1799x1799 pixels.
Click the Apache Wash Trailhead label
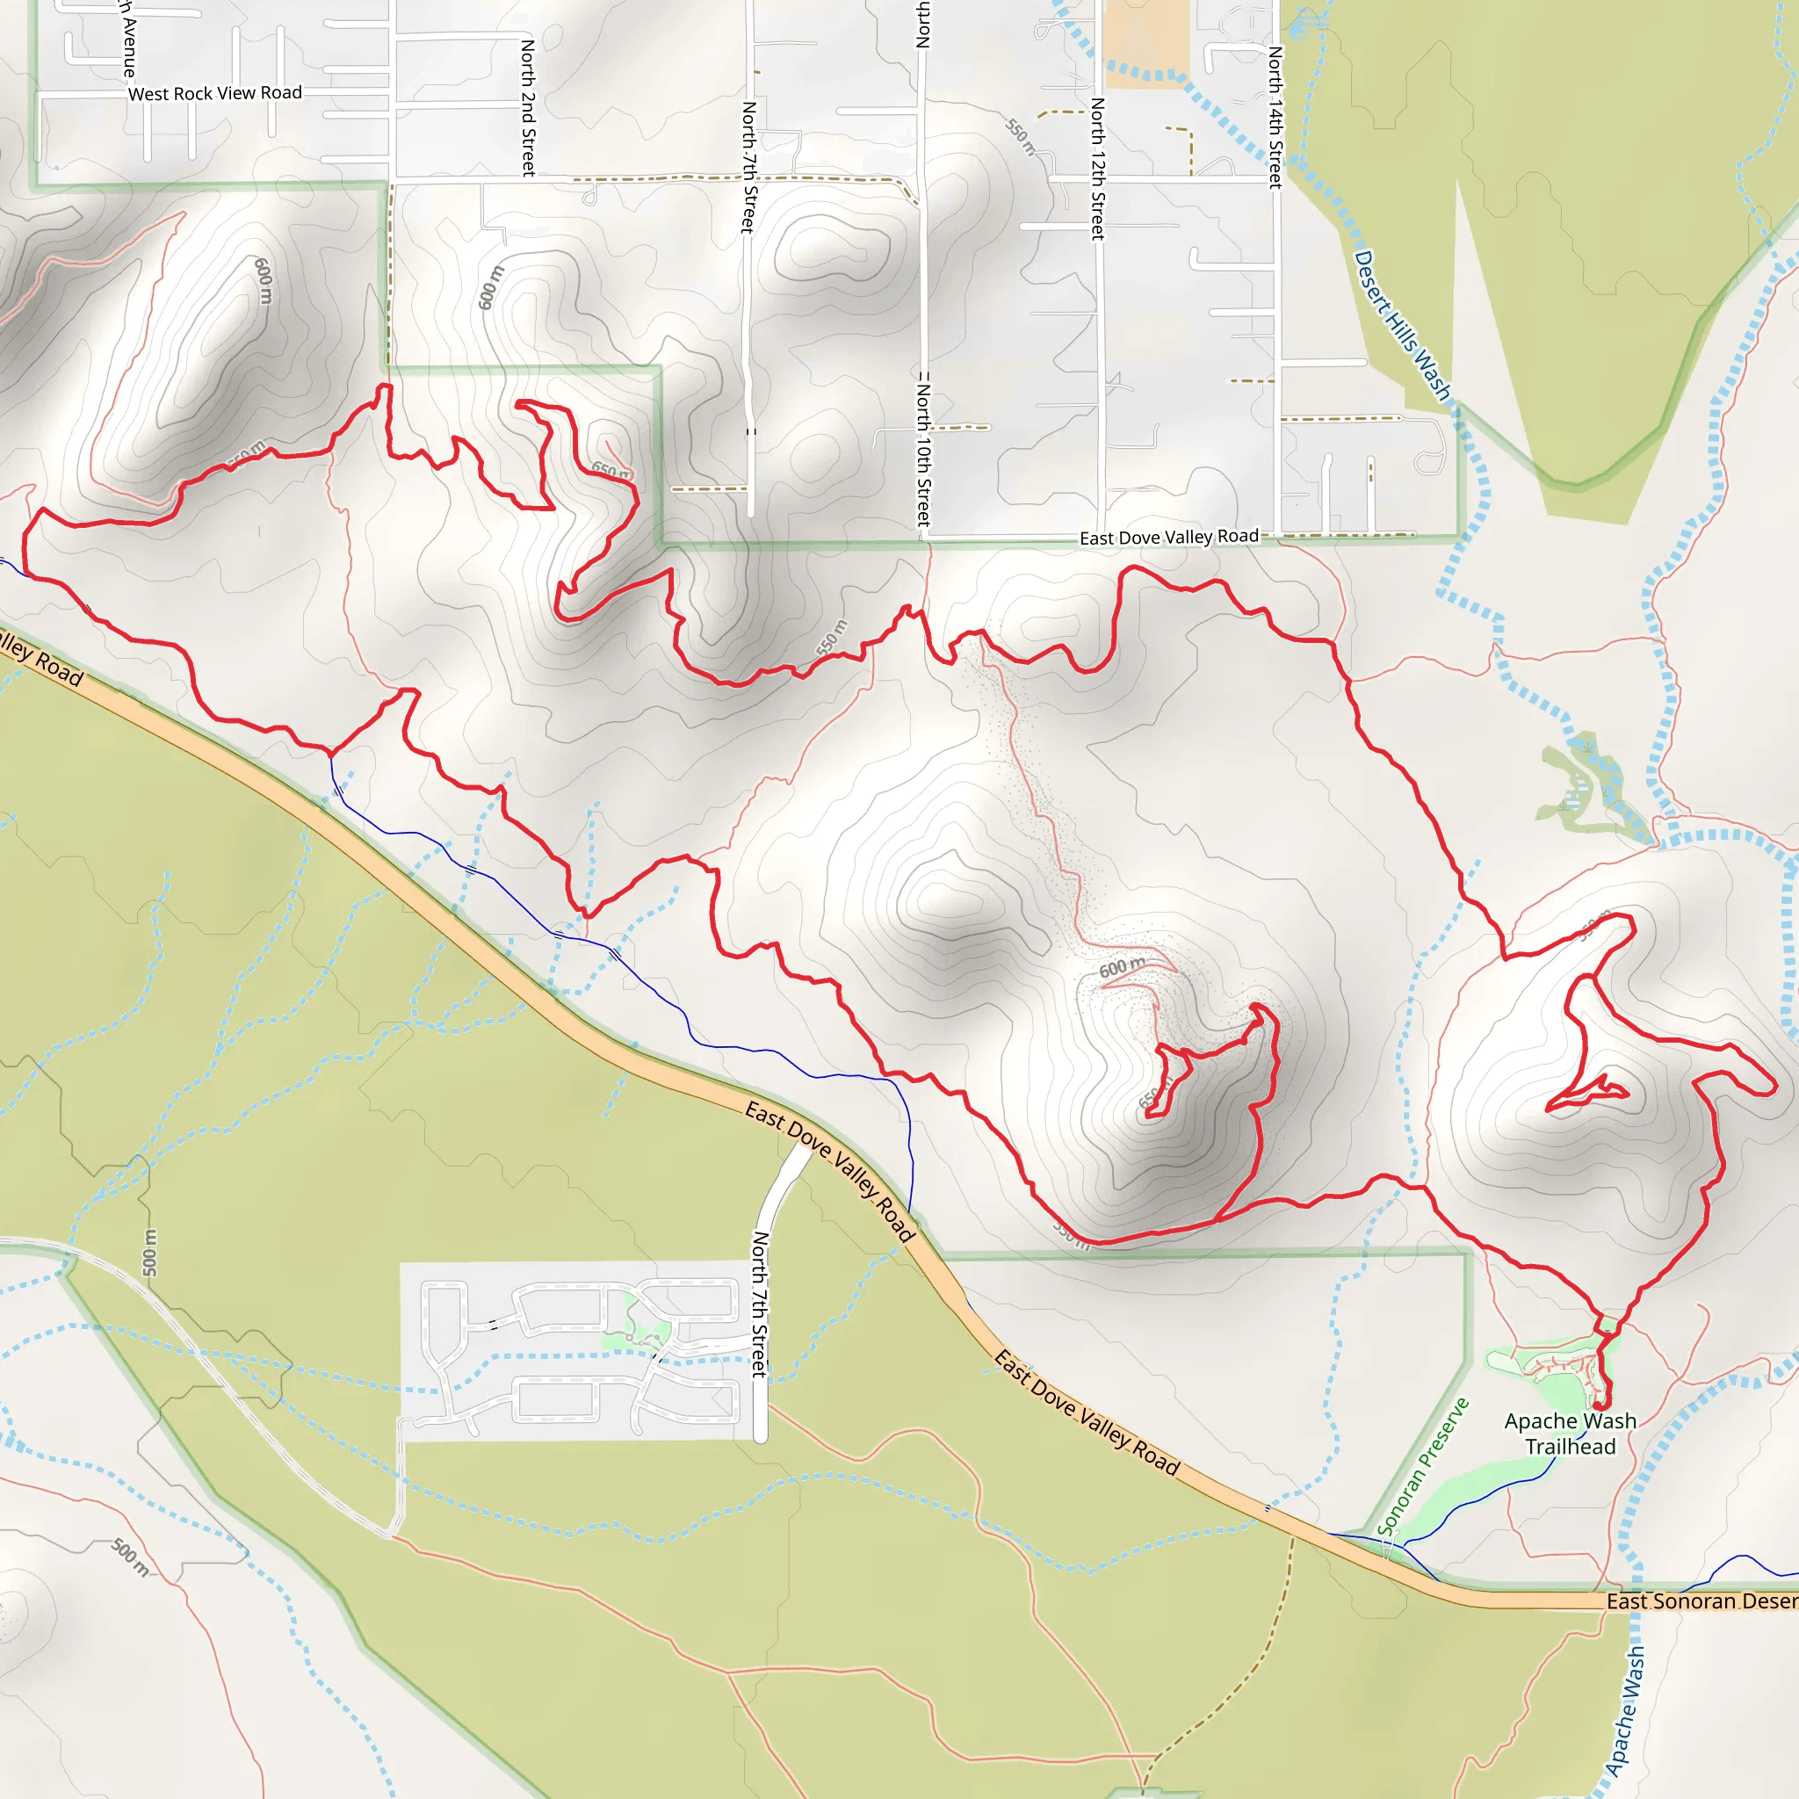click(1570, 1434)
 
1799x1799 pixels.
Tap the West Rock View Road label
click(215, 93)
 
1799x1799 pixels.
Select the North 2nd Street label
click(528, 108)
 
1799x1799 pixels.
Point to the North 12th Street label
click(1098, 169)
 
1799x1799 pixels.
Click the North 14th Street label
click(1275, 118)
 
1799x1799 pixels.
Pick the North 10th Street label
click(923, 449)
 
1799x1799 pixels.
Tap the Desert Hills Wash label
click(1401, 326)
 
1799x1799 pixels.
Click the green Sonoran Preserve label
click(1422, 1466)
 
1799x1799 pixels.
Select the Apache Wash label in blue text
click(1626, 1710)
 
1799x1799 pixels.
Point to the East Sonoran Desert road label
click(1702, 1600)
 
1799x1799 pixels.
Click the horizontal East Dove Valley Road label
click(1168, 538)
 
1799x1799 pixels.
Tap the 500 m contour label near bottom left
click(130, 1557)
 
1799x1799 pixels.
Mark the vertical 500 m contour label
click(150, 1253)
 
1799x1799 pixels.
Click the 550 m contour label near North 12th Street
click(1021, 136)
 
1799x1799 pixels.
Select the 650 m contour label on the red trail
click(611, 471)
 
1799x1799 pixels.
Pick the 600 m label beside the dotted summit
click(1122, 968)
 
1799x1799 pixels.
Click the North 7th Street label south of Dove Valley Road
click(760, 1304)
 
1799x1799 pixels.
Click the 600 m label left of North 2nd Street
click(491, 288)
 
